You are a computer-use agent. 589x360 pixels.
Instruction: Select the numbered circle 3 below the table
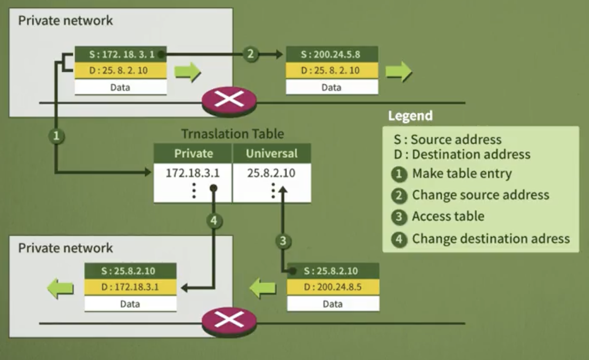(x=283, y=241)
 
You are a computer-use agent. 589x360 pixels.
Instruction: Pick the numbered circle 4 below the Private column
(x=215, y=220)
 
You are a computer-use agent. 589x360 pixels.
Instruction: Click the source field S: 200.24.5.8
(x=331, y=54)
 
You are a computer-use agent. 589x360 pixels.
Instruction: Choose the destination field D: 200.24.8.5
(x=332, y=287)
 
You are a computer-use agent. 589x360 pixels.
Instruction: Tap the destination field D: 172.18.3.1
(x=130, y=287)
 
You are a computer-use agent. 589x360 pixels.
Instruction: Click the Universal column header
(x=272, y=153)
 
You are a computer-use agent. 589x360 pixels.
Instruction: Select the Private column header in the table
(x=193, y=153)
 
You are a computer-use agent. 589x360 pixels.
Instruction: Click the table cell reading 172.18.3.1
(x=193, y=173)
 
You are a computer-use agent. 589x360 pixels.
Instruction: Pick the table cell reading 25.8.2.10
(x=272, y=173)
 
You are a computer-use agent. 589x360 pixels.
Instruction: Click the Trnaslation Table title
(x=232, y=134)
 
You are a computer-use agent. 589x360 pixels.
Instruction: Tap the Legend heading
(x=410, y=116)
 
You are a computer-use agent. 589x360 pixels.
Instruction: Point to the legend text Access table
(x=448, y=216)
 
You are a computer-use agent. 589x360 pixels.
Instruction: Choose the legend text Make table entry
(x=461, y=173)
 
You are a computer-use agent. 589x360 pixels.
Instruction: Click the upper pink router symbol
(x=229, y=100)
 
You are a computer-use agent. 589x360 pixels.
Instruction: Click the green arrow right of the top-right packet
(x=399, y=72)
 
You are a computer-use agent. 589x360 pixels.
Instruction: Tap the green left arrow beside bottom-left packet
(x=60, y=289)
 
